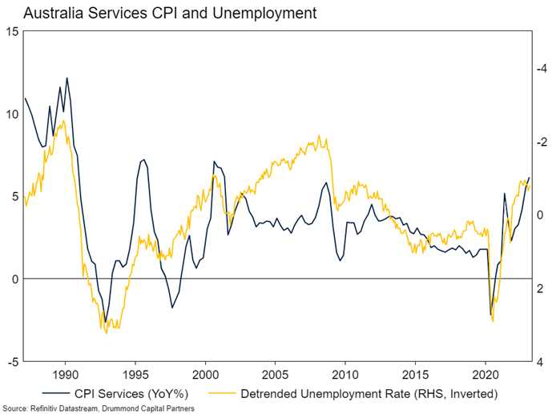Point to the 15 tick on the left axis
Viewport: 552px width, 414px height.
coord(13,31)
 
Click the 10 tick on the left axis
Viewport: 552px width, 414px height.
coord(13,114)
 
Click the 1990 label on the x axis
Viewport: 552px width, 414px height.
coord(65,374)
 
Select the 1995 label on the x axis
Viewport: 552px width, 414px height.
coord(135,374)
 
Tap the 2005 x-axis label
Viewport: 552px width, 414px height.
coord(276,374)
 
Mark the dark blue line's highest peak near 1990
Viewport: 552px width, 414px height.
coord(66,78)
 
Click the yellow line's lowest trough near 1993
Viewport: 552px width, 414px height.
coord(107,332)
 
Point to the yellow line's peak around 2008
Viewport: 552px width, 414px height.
coord(319,135)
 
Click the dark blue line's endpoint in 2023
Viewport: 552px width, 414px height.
coord(529,178)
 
